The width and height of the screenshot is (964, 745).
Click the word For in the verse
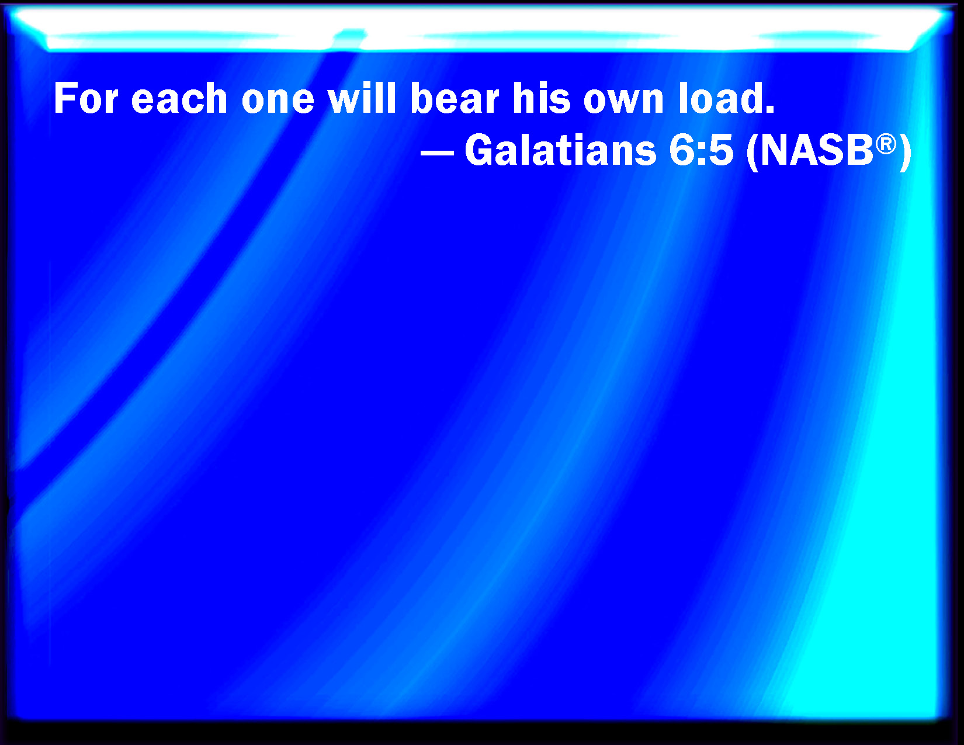86,98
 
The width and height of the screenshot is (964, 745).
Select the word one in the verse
278,102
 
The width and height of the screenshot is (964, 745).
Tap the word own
623,102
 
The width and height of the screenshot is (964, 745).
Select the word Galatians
560,150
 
